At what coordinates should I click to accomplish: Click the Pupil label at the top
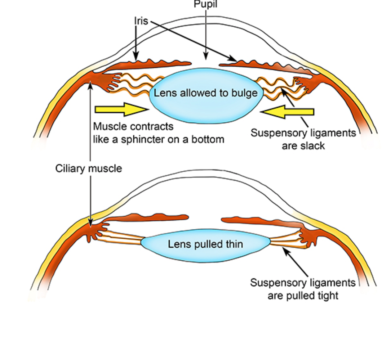[205, 5]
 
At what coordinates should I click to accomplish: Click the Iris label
[141, 21]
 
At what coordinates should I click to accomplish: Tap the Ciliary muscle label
[89, 168]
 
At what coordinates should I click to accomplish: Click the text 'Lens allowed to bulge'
[206, 93]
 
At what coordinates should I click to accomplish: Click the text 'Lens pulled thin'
[205, 244]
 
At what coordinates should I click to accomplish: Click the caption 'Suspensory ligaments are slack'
[303, 139]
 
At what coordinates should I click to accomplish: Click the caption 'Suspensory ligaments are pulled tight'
[303, 289]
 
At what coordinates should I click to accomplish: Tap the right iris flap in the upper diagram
[263, 64]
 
